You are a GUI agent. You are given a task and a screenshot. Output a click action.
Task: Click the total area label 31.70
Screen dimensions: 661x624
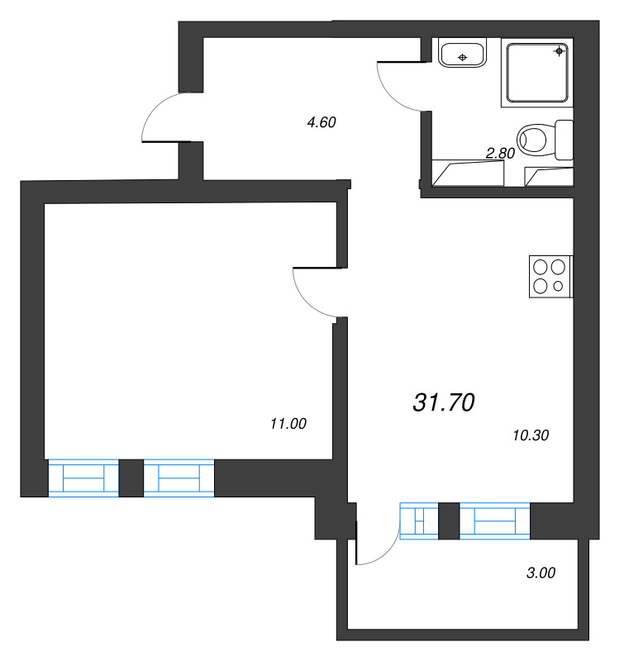(x=443, y=402)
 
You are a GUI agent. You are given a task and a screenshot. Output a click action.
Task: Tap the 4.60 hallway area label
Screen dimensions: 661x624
(x=321, y=123)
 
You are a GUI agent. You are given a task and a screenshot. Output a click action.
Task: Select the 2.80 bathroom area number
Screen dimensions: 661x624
(x=500, y=153)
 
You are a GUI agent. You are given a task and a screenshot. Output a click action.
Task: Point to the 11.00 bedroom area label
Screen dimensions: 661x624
(x=288, y=424)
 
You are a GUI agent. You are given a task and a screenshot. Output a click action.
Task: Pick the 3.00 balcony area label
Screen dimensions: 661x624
(x=541, y=572)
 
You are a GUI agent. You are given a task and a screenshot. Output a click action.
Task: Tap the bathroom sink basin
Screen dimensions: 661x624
(x=463, y=55)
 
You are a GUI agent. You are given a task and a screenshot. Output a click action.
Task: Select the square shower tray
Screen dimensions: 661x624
(x=536, y=73)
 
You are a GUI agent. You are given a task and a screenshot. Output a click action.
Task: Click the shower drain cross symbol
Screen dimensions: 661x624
(x=560, y=51)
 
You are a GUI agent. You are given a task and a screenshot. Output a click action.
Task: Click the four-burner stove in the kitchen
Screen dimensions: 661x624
(x=550, y=277)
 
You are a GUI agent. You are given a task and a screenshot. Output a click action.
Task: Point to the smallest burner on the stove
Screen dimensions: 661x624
(x=558, y=286)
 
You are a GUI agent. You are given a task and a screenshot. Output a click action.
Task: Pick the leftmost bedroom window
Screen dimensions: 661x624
(x=83, y=478)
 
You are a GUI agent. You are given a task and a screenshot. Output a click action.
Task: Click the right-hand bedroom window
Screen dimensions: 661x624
(x=179, y=478)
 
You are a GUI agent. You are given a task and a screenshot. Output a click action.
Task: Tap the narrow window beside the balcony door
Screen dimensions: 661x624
(x=418, y=521)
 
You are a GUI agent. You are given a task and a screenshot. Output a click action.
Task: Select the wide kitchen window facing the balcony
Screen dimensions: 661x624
(x=494, y=521)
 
